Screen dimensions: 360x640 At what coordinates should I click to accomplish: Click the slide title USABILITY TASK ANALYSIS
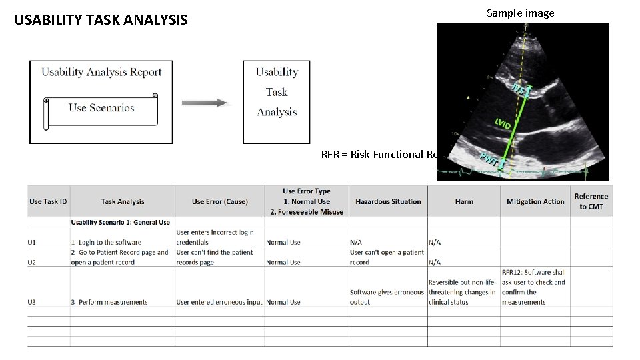pyautogui.click(x=101, y=20)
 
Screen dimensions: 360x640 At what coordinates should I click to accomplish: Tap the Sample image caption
pyautogui.click(x=520, y=13)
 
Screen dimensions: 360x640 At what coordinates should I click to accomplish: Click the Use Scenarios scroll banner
pyautogui.click(x=101, y=109)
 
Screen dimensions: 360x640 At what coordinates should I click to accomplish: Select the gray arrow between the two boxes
pyautogui.click(x=204, y=103)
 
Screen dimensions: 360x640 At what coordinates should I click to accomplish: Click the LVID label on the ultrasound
pyautogui.click(x=503, y=123)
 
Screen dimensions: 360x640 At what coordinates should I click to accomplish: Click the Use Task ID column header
pyautogui.click(x=48, y=201)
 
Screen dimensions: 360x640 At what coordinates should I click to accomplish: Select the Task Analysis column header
pyautogui.click(x=123, y=201)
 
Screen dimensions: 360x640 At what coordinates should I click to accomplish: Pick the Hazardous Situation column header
pyautogui.click(x=388, y=201)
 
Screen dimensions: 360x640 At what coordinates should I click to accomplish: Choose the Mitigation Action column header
pyautogui.click(x=535, y=201)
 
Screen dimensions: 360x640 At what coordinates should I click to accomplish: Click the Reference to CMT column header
pyautogui.click(x=591, y=201)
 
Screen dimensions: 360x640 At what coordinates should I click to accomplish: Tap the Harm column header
pyautogui.click(x=464, y=201)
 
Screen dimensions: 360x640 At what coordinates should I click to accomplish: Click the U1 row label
pyautogui.click(x=33, y=242)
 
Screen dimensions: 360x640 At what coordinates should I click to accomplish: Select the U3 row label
pyautogui.click(x=33, y=302)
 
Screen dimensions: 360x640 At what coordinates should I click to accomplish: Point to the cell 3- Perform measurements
pyautogui.click(x=109, y=302)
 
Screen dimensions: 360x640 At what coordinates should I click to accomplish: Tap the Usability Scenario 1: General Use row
pyautogui.click(x=120, y=222)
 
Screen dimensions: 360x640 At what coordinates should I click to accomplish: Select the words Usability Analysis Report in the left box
pyautogui.click(x=101, y=72)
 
